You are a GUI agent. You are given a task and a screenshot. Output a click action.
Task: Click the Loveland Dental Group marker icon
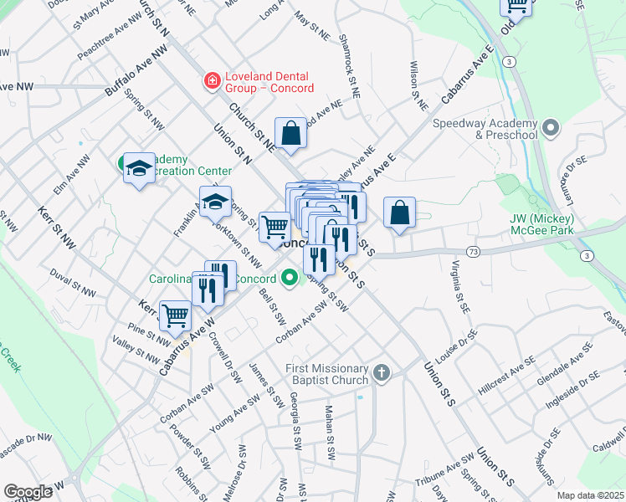213,81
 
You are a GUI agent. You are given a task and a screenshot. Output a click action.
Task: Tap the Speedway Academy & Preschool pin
551,128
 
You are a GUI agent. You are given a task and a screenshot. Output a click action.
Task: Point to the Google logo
28,492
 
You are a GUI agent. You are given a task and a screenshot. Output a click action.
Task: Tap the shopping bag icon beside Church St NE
290,133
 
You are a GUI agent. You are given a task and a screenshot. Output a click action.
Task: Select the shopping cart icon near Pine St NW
175,315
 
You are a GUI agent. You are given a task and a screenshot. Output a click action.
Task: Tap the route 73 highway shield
473,250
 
